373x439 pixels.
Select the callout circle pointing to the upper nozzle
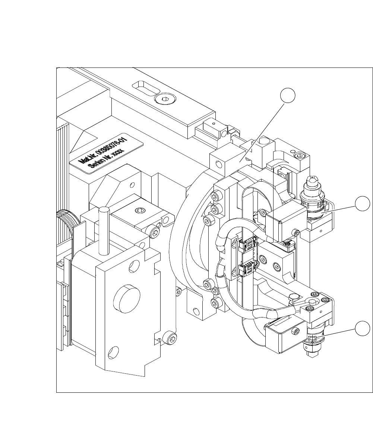coord(362,204)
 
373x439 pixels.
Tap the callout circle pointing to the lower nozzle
coord(362,328)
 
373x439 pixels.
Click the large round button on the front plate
coord(127,297)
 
